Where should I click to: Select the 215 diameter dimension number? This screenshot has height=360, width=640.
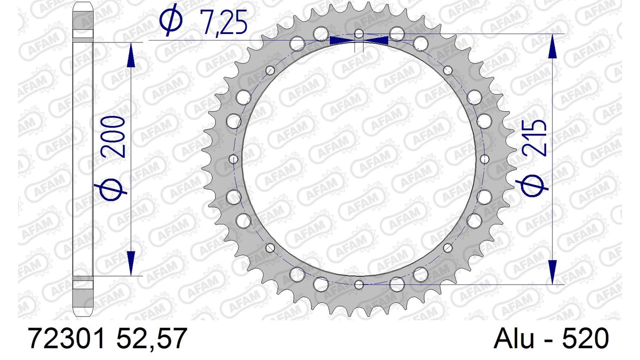(x=535, y=138)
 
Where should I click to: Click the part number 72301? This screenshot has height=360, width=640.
(x=66, y=338)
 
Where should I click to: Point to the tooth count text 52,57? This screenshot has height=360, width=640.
(x=152, y=339)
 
